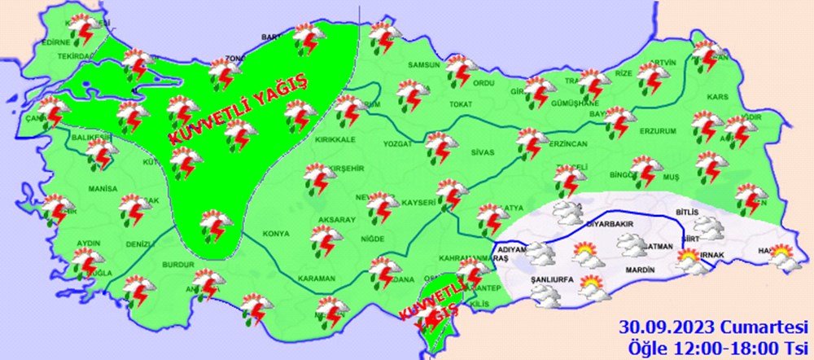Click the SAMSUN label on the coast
pyautogui.click(x=423, y=65)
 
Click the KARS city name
pyautogui.click(x=718, y=97)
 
